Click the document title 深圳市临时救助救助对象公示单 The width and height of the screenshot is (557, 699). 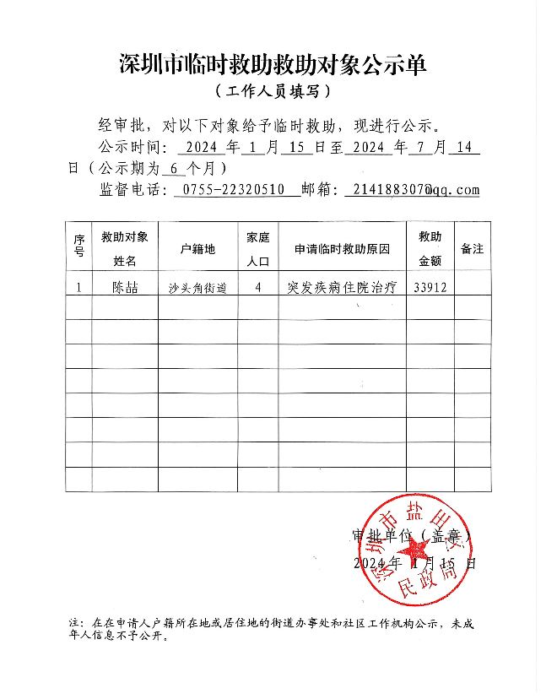(273, 64)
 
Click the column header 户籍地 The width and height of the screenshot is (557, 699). (197, 249)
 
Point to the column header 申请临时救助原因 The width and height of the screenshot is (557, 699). (342, 249)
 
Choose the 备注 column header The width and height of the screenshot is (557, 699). (472, 249)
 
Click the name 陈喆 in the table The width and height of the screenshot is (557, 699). (124, 287)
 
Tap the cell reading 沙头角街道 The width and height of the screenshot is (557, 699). (197, 288)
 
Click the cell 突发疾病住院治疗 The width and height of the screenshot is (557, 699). (342, 287)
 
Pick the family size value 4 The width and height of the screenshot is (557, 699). (258, 287)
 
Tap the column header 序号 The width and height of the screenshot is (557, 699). (78, 247)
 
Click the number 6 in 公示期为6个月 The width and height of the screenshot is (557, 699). (173, 168)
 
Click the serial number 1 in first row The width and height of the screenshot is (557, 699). (78, 287)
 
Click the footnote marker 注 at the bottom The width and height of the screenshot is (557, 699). (74, 624)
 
